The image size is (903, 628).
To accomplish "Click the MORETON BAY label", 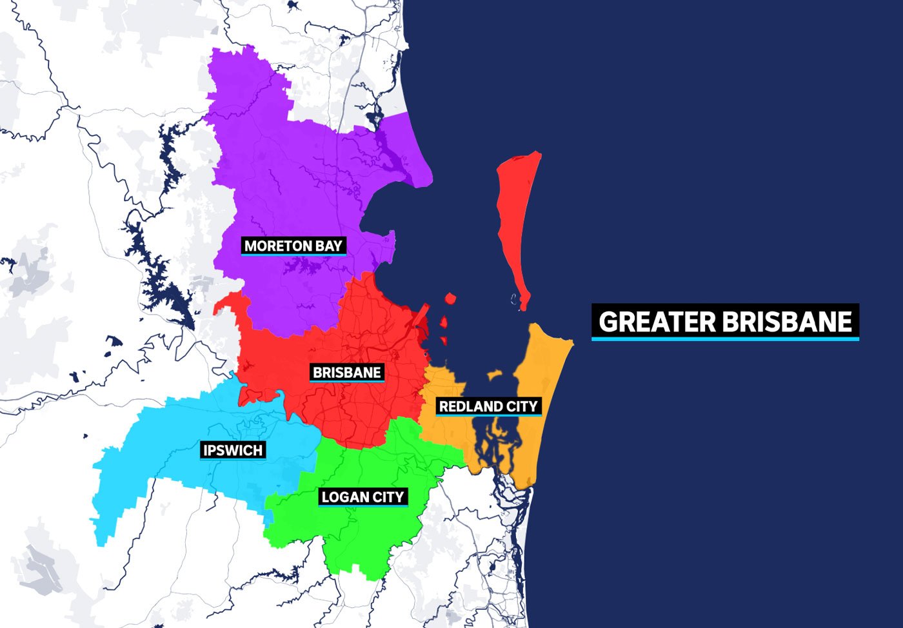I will [x=293, y=246].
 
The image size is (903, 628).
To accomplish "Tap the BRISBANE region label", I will [x=347, y=373].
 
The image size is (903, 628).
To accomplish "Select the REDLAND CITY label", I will [x=488, y=407].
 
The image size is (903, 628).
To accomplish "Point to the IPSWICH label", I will [x=233, y=450].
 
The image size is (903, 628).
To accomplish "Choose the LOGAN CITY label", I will [x=362, y=497].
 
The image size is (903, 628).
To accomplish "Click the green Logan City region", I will [x=361, y=535].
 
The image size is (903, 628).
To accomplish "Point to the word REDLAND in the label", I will [x=471, y=407].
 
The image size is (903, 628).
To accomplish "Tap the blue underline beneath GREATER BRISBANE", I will [x=726, y=339].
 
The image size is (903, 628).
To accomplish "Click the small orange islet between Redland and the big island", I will [x=495, y=375].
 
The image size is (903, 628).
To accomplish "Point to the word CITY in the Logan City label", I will [x=390, y=497].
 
